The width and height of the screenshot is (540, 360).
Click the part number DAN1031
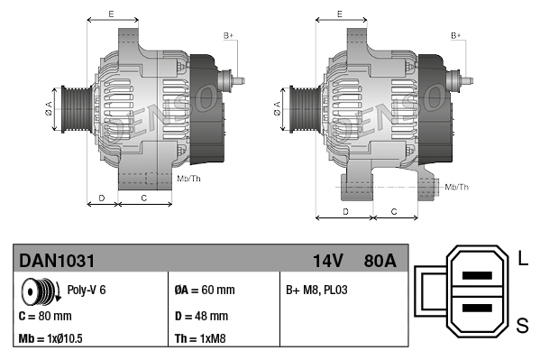coord(57,261)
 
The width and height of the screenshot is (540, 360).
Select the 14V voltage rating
coord(327,261)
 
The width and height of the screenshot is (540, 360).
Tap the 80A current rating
coord(376,261)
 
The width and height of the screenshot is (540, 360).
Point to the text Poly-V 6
coord(87,291)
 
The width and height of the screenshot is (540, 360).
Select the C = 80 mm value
coord(45,317)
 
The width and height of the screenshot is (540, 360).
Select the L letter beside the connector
coord(523,261)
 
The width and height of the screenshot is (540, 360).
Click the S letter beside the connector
coord(523,322)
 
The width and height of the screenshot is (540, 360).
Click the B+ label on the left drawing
coord(229,34)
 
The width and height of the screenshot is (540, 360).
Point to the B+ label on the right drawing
coord(457,34)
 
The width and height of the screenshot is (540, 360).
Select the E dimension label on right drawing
coord(339,14)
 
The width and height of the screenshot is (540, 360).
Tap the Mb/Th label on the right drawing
coord(457,187)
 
